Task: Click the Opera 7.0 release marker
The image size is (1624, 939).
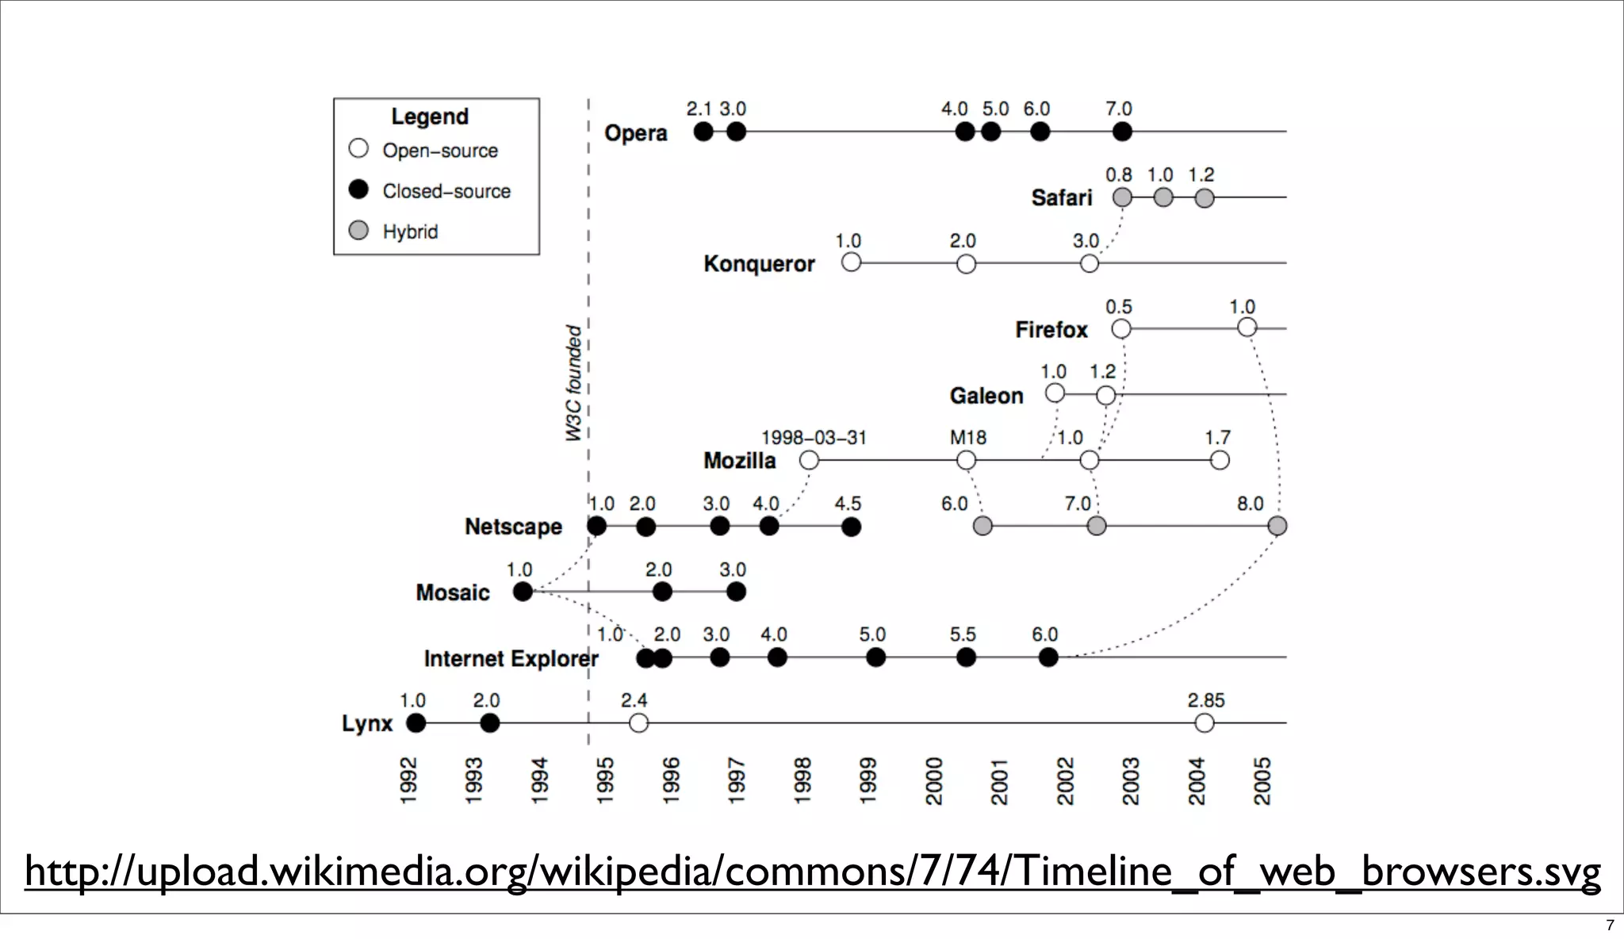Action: [x=1121, y=132]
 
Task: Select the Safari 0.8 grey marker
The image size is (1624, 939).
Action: [x=1122, y=197]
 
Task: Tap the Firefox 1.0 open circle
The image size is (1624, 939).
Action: [x=1247, y=328]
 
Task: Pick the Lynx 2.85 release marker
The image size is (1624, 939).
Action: [x=1205, y=723]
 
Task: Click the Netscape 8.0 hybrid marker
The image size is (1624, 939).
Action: [x=1277, y=526]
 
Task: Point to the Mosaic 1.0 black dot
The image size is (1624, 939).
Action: [x=523, y=592]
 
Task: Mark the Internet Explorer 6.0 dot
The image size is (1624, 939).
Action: [x=1048, y=657]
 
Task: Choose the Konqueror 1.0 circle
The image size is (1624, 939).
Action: [x=851, y=263]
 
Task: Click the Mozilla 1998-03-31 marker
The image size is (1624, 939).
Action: [x=809, y=460]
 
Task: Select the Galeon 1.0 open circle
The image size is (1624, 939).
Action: [x=1055, y=393]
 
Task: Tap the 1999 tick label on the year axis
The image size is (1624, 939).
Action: [x=868, y=781]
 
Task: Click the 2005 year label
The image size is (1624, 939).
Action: [x=1262, y=781]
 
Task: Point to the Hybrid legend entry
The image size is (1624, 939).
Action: [x=409, y=232]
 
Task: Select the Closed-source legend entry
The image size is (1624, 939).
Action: [x=446, y=191]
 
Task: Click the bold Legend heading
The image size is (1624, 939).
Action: [x=430, y=117]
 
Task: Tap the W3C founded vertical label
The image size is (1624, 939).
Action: [x=573, y=383]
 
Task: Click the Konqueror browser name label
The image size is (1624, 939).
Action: [x=759, y=264]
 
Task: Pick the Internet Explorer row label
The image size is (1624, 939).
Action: [x=511, y=659]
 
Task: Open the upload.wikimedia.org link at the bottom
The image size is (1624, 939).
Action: [x=812, y=872]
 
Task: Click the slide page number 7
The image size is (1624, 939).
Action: [x=1610, y=926]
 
